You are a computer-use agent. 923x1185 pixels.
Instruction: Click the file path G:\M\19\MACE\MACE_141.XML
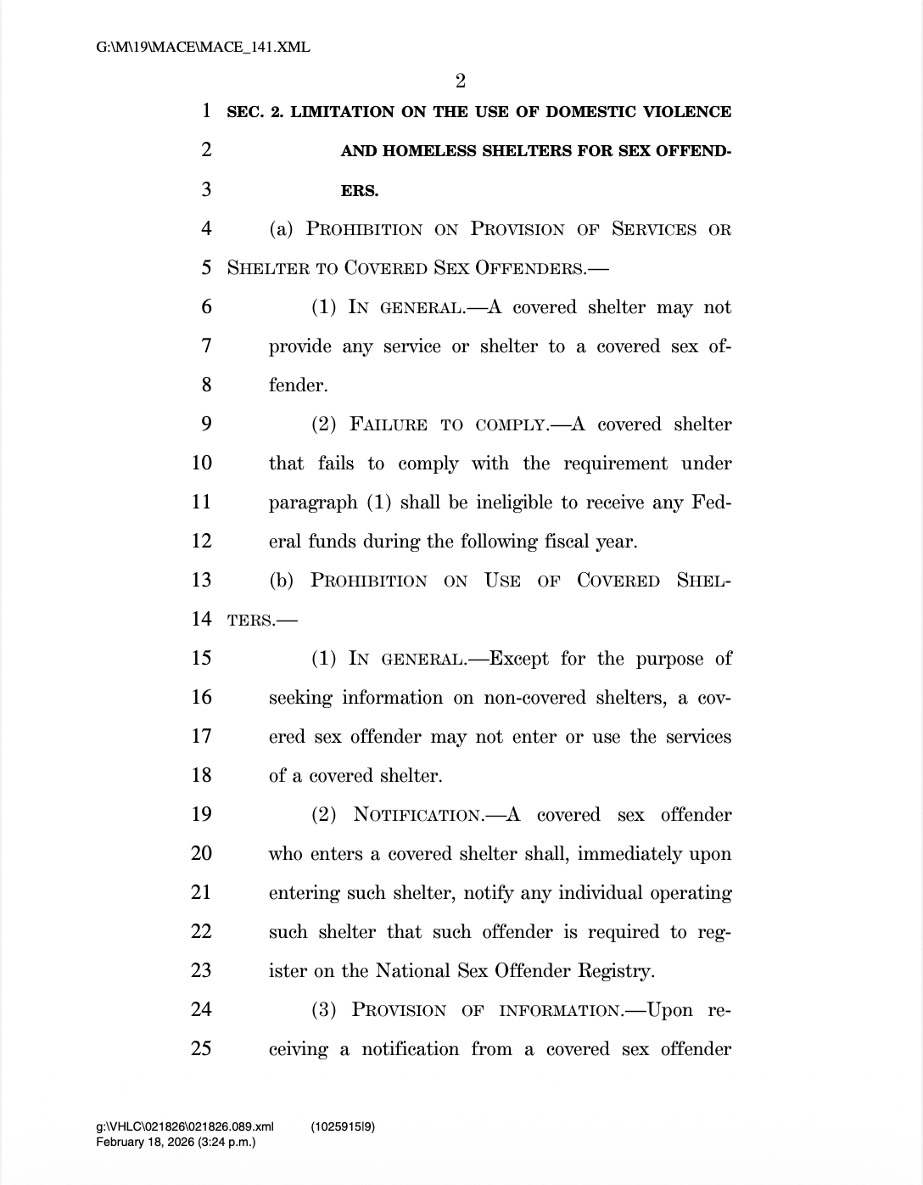pos(203,48)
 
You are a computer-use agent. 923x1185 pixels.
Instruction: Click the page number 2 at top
pos(460,81)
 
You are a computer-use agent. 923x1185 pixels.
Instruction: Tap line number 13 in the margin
pos(201,581)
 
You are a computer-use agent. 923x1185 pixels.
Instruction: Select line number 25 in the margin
pos(201,1049)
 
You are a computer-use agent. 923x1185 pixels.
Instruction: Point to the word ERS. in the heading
pos(360,191)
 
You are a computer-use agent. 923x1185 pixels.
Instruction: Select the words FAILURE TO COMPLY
pos(448,425)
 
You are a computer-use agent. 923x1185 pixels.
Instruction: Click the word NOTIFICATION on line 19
pos(417,816)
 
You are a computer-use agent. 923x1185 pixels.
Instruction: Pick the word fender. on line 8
pos(298,385)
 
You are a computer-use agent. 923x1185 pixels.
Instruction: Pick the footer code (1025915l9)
pos(343,1127)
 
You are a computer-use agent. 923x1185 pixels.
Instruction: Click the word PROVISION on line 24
pos(399,1011)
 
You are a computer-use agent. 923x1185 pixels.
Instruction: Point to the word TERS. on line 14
pos(251,621)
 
